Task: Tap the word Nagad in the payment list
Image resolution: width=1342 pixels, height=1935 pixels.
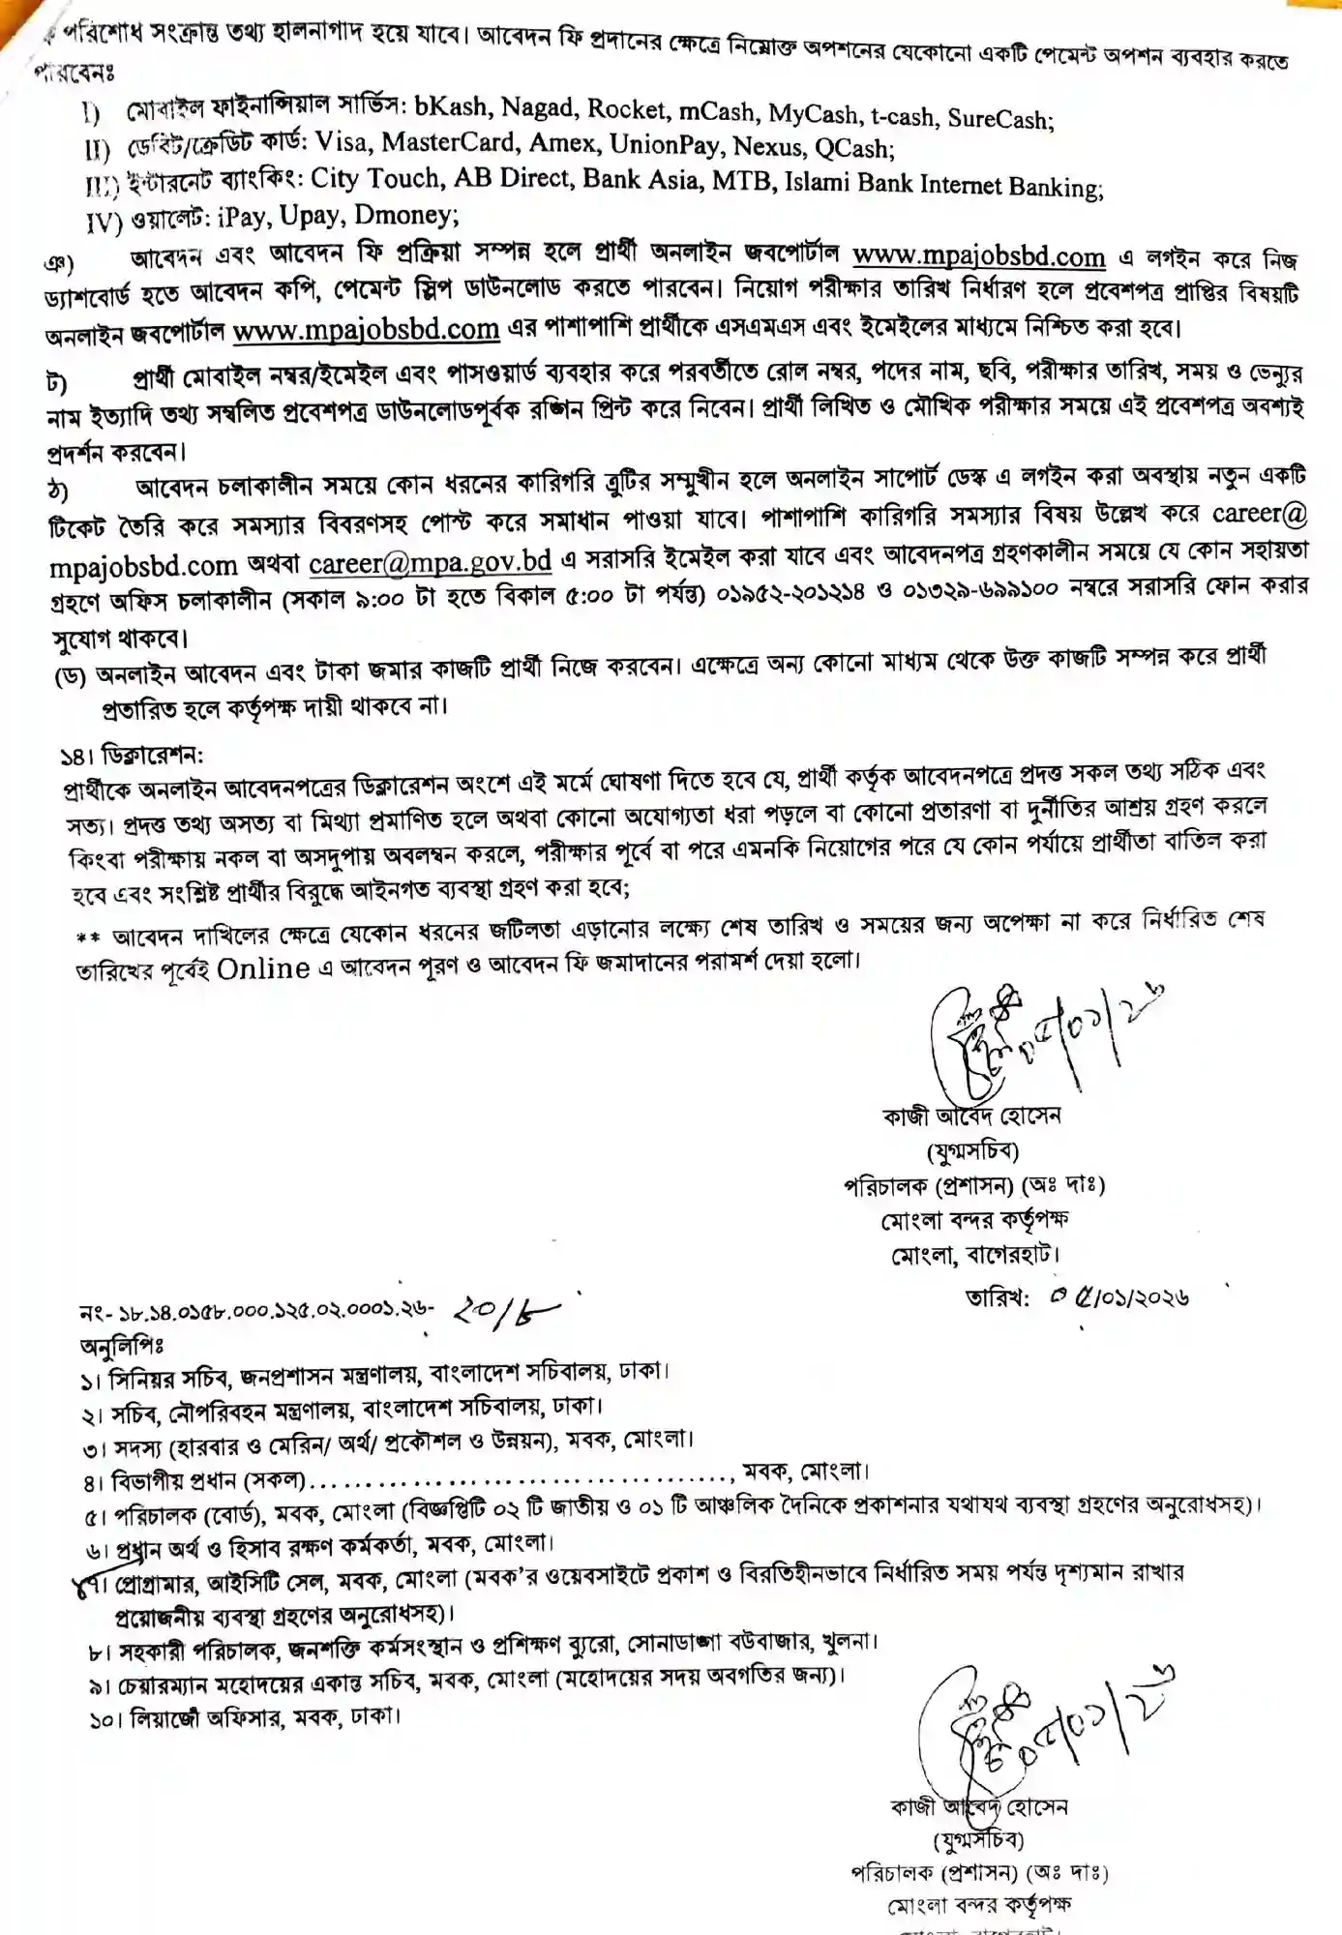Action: [537, 108]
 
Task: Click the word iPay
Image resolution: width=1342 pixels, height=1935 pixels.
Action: [240, 216]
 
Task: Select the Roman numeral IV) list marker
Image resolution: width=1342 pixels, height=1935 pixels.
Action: [104, 223]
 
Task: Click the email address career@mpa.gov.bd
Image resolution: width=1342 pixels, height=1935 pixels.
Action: [431, 561]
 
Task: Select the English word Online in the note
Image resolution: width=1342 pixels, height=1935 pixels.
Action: [263, 967]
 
